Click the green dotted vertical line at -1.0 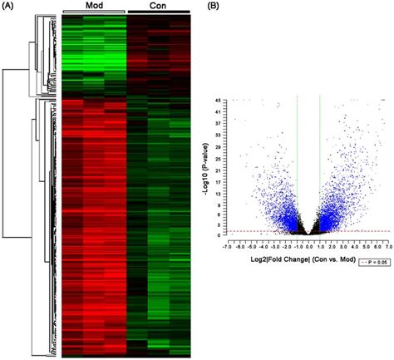[x=297, y=166]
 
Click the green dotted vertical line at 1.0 [x=320, y=166]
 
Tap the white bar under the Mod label [x=94, y=13]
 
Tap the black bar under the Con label [x=158, y=13]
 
